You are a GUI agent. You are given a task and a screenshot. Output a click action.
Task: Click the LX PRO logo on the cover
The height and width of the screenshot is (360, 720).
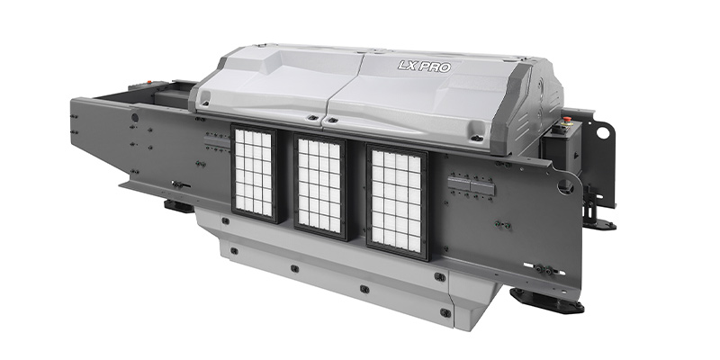[424, 67]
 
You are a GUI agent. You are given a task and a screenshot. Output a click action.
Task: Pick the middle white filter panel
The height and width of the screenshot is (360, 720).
[319, 186]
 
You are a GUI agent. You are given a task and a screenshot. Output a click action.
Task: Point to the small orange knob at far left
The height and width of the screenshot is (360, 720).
[148, 83]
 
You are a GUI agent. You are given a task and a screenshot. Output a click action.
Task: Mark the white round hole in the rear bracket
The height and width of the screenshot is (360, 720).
[602, 133]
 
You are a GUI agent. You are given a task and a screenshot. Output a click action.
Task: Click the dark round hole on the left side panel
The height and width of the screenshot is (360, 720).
[134, 118]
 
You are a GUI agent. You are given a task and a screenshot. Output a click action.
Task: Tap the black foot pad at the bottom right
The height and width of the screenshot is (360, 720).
[547, 301]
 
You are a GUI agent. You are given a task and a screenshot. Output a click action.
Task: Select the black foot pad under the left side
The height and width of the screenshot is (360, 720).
[179, 206]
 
